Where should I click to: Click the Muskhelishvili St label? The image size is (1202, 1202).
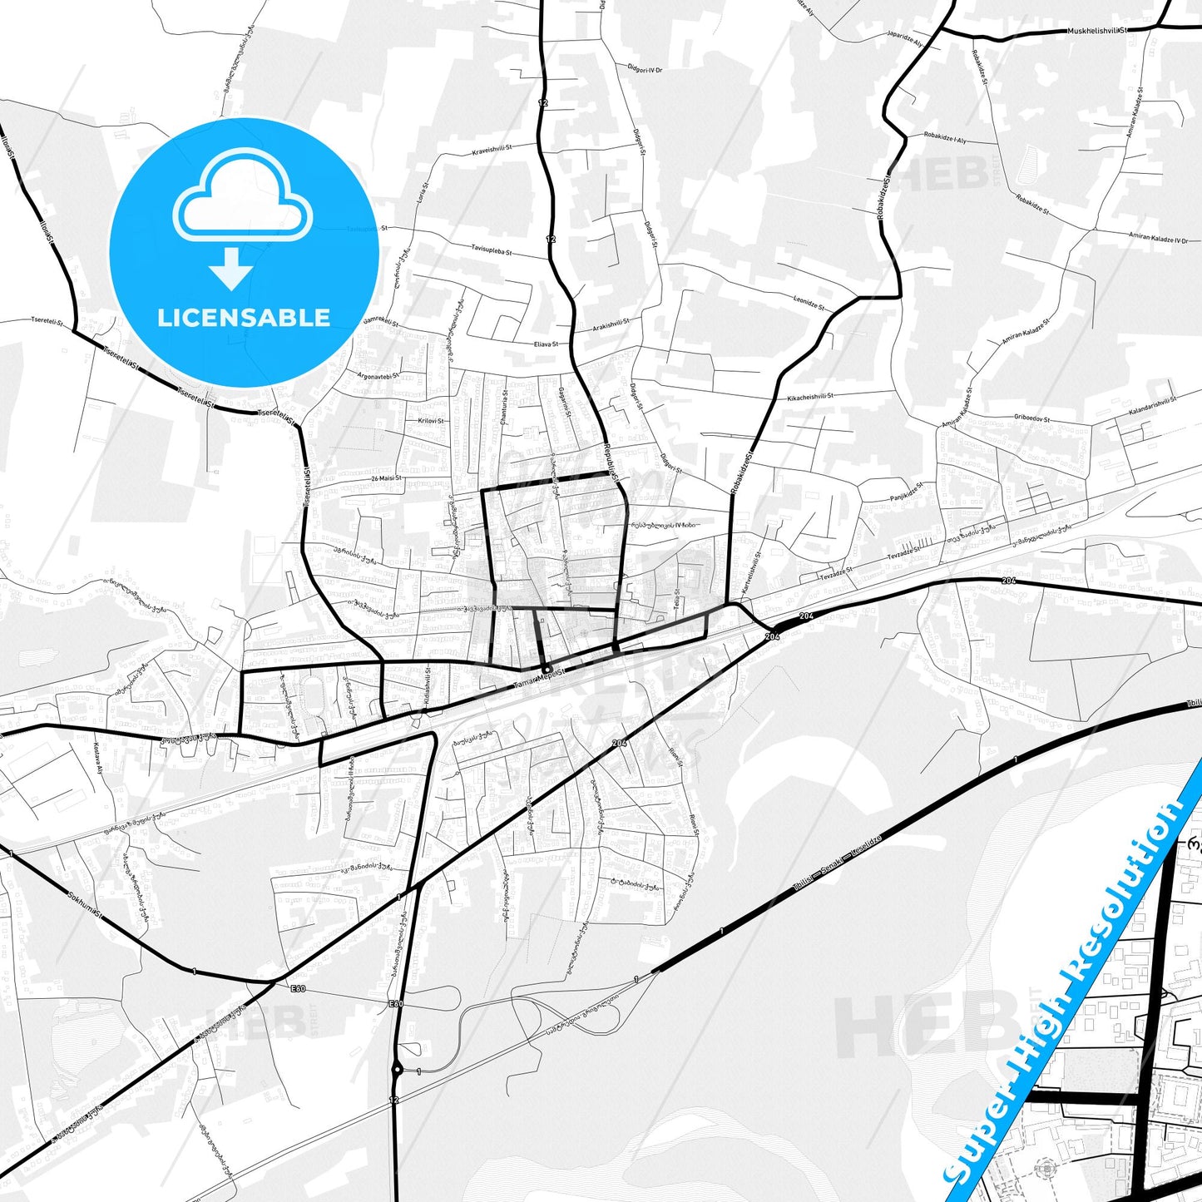1096,31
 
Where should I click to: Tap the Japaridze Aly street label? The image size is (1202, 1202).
905,41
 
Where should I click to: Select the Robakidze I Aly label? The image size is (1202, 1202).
945,137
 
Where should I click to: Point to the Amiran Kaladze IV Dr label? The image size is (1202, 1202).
1158,238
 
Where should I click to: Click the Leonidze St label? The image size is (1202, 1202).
809,303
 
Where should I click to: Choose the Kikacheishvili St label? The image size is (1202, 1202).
810,397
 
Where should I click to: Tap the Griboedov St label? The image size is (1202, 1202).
1031,418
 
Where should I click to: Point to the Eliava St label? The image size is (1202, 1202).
546,344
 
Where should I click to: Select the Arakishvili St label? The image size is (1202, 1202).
611,324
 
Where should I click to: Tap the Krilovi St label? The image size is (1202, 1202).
431,421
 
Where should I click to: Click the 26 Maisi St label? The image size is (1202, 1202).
386,478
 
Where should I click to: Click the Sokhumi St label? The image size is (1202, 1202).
84,904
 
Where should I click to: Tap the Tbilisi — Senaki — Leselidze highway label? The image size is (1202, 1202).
836,863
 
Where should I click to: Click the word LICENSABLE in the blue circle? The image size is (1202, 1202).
244,317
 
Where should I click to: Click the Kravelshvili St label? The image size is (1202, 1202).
492,150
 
